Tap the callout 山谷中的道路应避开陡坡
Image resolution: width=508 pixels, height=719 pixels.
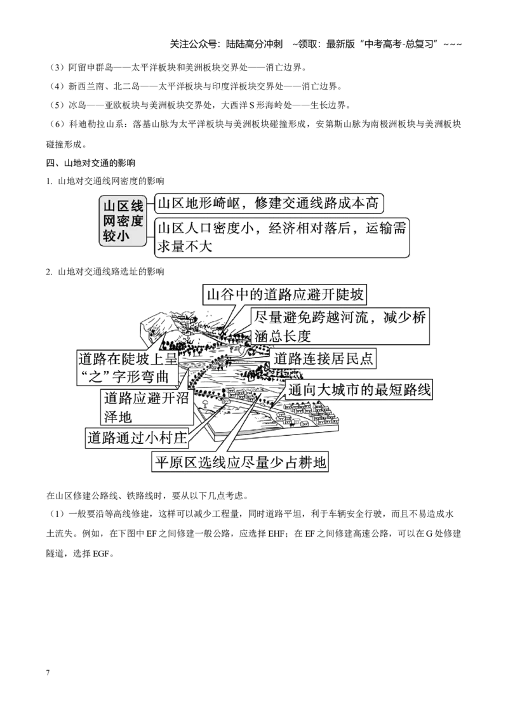pyautogui.click(x=285, y=294)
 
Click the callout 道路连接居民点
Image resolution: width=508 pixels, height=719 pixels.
pyautogui.click(x=323, y=358)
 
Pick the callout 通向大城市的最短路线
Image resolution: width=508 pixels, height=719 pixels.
pyautogui.click(x=359, y=390)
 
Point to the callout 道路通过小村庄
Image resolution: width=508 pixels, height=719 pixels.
pyautogui.click(x=138, y=438)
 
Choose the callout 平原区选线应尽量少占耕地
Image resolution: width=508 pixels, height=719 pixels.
pyautogui.click(x=240, y=461)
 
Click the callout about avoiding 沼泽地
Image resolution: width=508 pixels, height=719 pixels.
pyautogui.click(x=147, y=407)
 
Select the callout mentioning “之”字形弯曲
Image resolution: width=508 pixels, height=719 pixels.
pyautogui.click(x=127, y=367)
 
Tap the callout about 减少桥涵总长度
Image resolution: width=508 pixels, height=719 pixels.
pyautogui.click(x=340, y=326)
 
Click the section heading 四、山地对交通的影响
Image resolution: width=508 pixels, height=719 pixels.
pyautogui.click(x=91, y=163)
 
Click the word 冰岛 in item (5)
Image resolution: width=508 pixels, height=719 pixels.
pyautogui.click(x=77, y=105)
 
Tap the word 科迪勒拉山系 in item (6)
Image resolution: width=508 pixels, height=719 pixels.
pyautogui.click(x=96, y=124)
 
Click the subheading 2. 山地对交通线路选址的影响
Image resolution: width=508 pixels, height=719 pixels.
pyautogui.click(x=105, y=271)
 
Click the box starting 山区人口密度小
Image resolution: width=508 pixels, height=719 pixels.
pyautogui.click(x=281, y=238)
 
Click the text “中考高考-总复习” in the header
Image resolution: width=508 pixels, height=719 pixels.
pyautogui.click(x=399, y=44)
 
